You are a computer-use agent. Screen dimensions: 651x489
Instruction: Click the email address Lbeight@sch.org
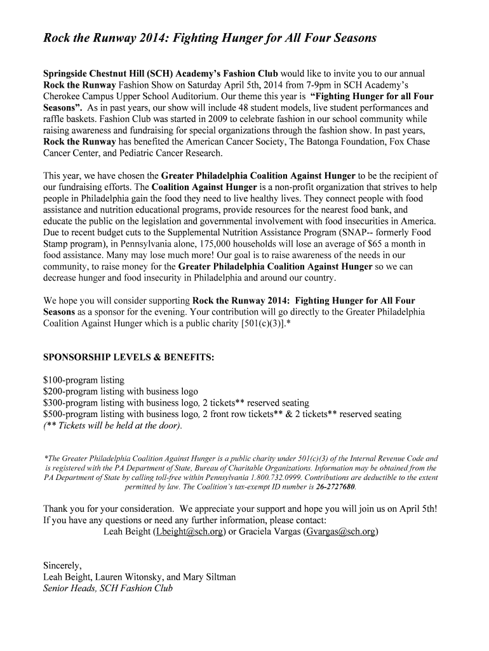click(x=189, y=532)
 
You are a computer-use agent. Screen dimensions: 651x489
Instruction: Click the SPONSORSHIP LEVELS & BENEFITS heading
click(x=128, y=357)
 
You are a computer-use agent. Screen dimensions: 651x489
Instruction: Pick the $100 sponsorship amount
click(x=53, y=380)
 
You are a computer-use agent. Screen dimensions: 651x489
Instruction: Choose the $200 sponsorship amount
click(x=53, y=392)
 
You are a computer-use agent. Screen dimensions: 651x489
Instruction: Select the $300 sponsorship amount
click(x=53, y=403)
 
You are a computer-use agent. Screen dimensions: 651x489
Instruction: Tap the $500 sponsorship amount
click(x=53, y=415)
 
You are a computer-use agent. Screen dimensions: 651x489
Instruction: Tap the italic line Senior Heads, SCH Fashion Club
click(x=107, y=588)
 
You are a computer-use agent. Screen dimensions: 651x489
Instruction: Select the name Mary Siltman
click(x=209, y=577)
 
